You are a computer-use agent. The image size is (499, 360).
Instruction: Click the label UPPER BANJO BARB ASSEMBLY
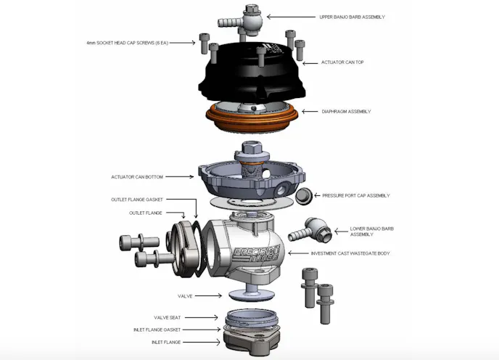tap(353, 16)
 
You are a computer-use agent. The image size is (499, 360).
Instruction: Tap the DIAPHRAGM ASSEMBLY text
tap(346, 112)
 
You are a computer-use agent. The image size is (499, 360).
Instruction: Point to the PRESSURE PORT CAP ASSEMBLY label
tap(356, 195)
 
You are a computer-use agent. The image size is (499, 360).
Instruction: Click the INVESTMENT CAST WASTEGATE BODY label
tap(350, 253)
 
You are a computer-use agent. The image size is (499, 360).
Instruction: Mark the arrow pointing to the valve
tap(209, 296)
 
